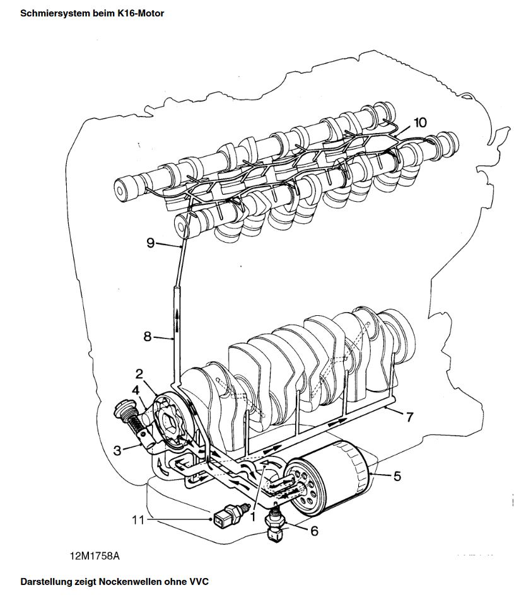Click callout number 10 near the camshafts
[x=420, y=122]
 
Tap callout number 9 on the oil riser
[x=151, y=243]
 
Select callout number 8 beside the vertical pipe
[x=148, y=337]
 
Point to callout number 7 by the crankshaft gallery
[x=409, y=417]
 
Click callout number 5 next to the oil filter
[x=397, y=476]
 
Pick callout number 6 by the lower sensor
[x=314, y=531]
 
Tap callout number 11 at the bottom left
[x=138, y=519]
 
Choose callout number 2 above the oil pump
[x=139, y=374]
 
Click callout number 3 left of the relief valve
[x=117, y=451]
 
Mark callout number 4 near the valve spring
[x=136, y=391]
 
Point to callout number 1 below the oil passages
[x=252, y=517]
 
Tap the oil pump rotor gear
[x=170, y=422]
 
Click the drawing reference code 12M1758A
[x=95, y=556]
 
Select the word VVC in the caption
[x=199, y=582]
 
